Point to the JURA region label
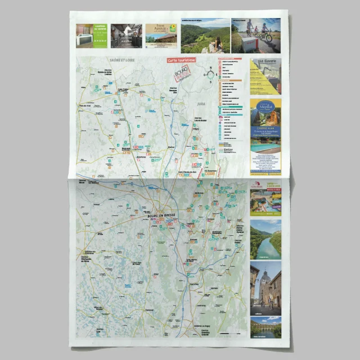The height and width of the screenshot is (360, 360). click(201, 104)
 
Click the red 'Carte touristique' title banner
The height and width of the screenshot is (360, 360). click(181, 59)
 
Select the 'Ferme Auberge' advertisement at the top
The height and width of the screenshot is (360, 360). click(161, 35)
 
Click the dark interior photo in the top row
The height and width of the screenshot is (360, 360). click(126, 35)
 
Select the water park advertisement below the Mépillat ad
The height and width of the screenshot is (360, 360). click(265, 200)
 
